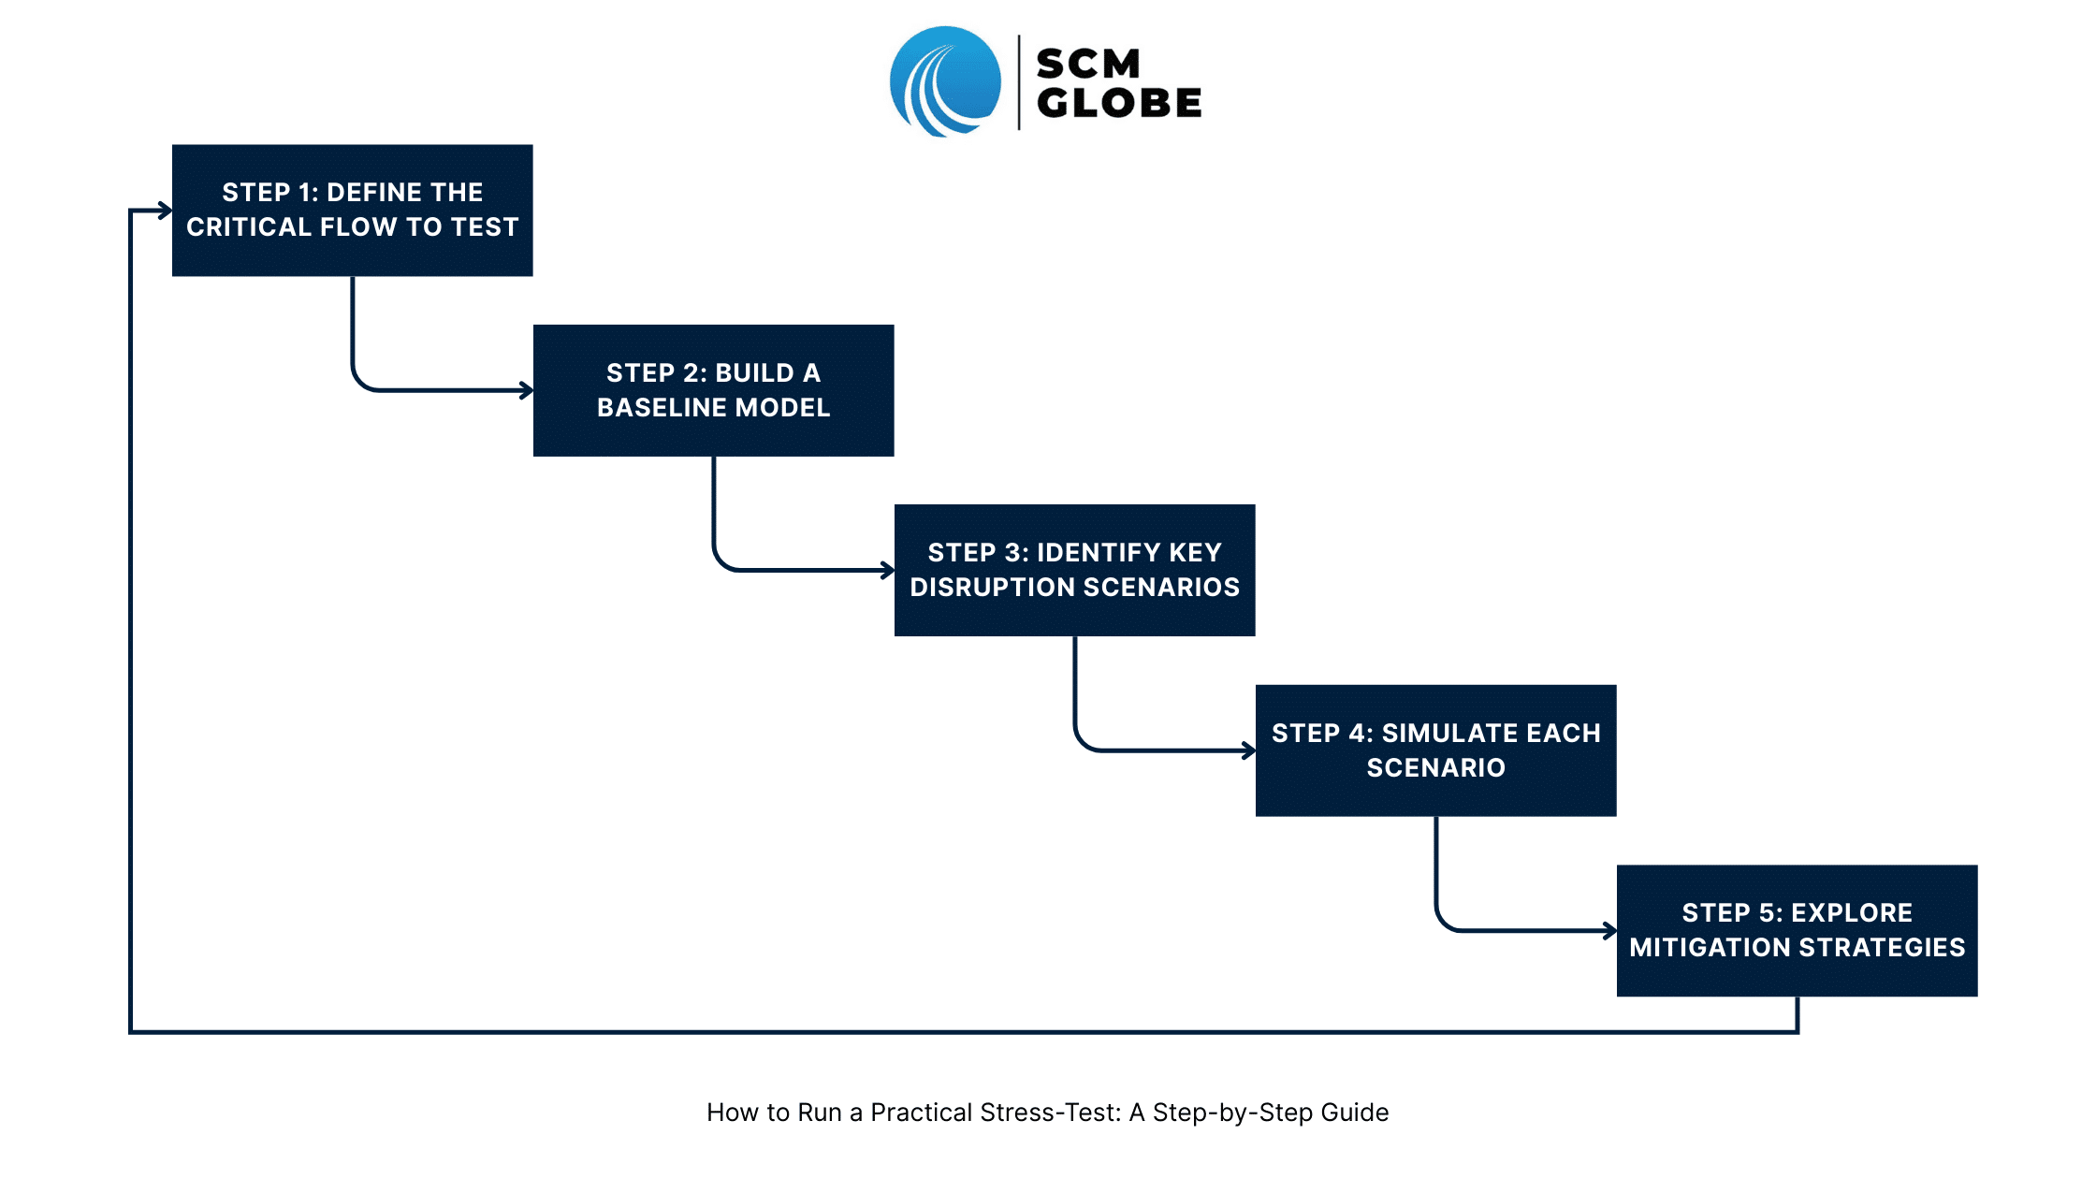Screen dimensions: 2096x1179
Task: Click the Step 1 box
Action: (x=353, y=211)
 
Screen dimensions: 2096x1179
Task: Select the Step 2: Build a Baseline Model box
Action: (x=714, y=390)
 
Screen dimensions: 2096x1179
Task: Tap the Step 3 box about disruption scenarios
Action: (x=1075, y=570)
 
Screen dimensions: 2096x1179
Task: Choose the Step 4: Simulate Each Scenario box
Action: (x=1436, y=750)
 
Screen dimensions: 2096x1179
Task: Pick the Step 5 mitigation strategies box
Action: (x=1798, y=930)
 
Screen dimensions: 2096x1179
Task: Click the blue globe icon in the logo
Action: (x=945, y=81)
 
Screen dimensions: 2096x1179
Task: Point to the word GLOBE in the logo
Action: (x=1119, y=103)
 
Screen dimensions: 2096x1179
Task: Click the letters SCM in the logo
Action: (x=1088, y=64)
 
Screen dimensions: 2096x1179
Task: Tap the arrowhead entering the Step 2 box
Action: (x=527, y=390)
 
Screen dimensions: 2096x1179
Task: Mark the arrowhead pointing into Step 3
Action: (x=888, y=570)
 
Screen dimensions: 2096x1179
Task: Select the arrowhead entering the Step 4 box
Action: (x=1249, y=750)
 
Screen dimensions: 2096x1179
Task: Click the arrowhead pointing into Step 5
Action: (x=1610, y=930)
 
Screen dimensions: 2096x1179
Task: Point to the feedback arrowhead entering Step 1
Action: (x=166, y=211)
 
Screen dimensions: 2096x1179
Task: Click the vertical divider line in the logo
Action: (x=1019, y=82)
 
